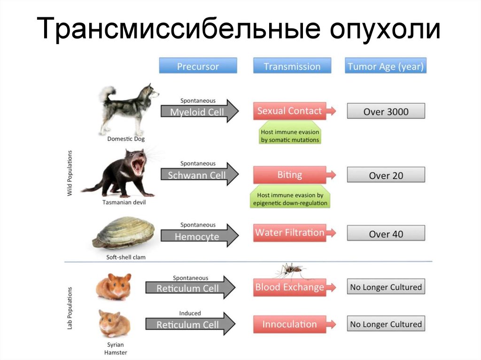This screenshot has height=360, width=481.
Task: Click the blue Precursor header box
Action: point(198,66)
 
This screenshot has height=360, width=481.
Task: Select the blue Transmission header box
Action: point(292,66)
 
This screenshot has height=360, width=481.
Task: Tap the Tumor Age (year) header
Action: point(386,66)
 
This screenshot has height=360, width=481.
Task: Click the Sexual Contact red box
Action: point(290,111)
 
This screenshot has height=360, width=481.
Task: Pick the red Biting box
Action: point(290,175)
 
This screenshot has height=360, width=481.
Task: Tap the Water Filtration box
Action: point(290,233)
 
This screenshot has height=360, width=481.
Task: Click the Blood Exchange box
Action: point(290,287)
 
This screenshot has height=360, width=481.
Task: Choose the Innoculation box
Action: point(290,324)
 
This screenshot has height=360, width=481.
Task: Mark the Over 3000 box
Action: point(386,112)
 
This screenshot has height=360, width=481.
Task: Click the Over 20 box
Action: point(386,175)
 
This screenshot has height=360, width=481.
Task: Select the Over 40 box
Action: point(386,233)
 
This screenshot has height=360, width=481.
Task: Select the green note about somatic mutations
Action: point(290,136)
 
